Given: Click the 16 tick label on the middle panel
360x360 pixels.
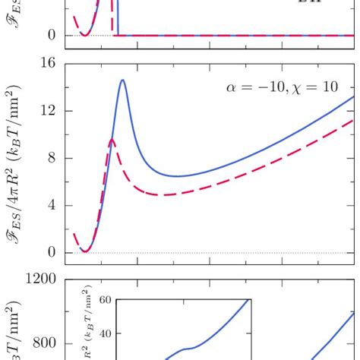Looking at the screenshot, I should pyautogui.click(x=47, y=64).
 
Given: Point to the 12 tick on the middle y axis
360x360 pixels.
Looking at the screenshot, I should pyautogui.click(x=47, y=111).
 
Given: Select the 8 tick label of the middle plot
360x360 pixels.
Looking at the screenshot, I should pyautogui.click(x=51, y=158).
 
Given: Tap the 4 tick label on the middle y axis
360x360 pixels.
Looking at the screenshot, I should pyautogui.click(x=51, y=205).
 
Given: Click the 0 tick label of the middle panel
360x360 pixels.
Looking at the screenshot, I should pyautogui.click(x=51, y=252).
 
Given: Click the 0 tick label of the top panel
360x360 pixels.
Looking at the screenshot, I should pyautogui.click(x=51, y=35).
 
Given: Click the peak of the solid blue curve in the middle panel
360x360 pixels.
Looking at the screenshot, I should pyautogui.click(x=122, y=81).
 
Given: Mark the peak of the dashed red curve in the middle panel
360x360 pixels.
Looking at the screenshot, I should pyautogui.click(x=112, y=140).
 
